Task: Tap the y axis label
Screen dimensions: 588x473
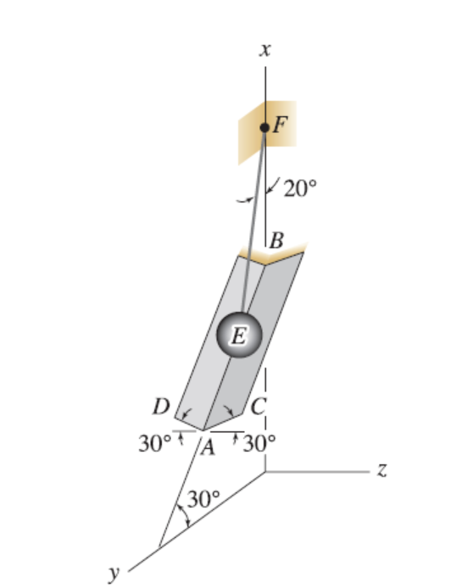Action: click(x=113, y=573)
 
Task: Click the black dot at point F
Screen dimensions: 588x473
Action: click(x=264, y=127)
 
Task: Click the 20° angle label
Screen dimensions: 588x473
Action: click(x=299, y=188)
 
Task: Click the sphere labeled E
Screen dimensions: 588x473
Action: click(x=237, y=336)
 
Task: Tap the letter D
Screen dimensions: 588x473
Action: click(x=159, y=407)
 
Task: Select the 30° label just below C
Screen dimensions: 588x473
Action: click(x=259, y=442)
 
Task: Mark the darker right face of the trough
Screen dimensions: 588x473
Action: click(x=263, y=339)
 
